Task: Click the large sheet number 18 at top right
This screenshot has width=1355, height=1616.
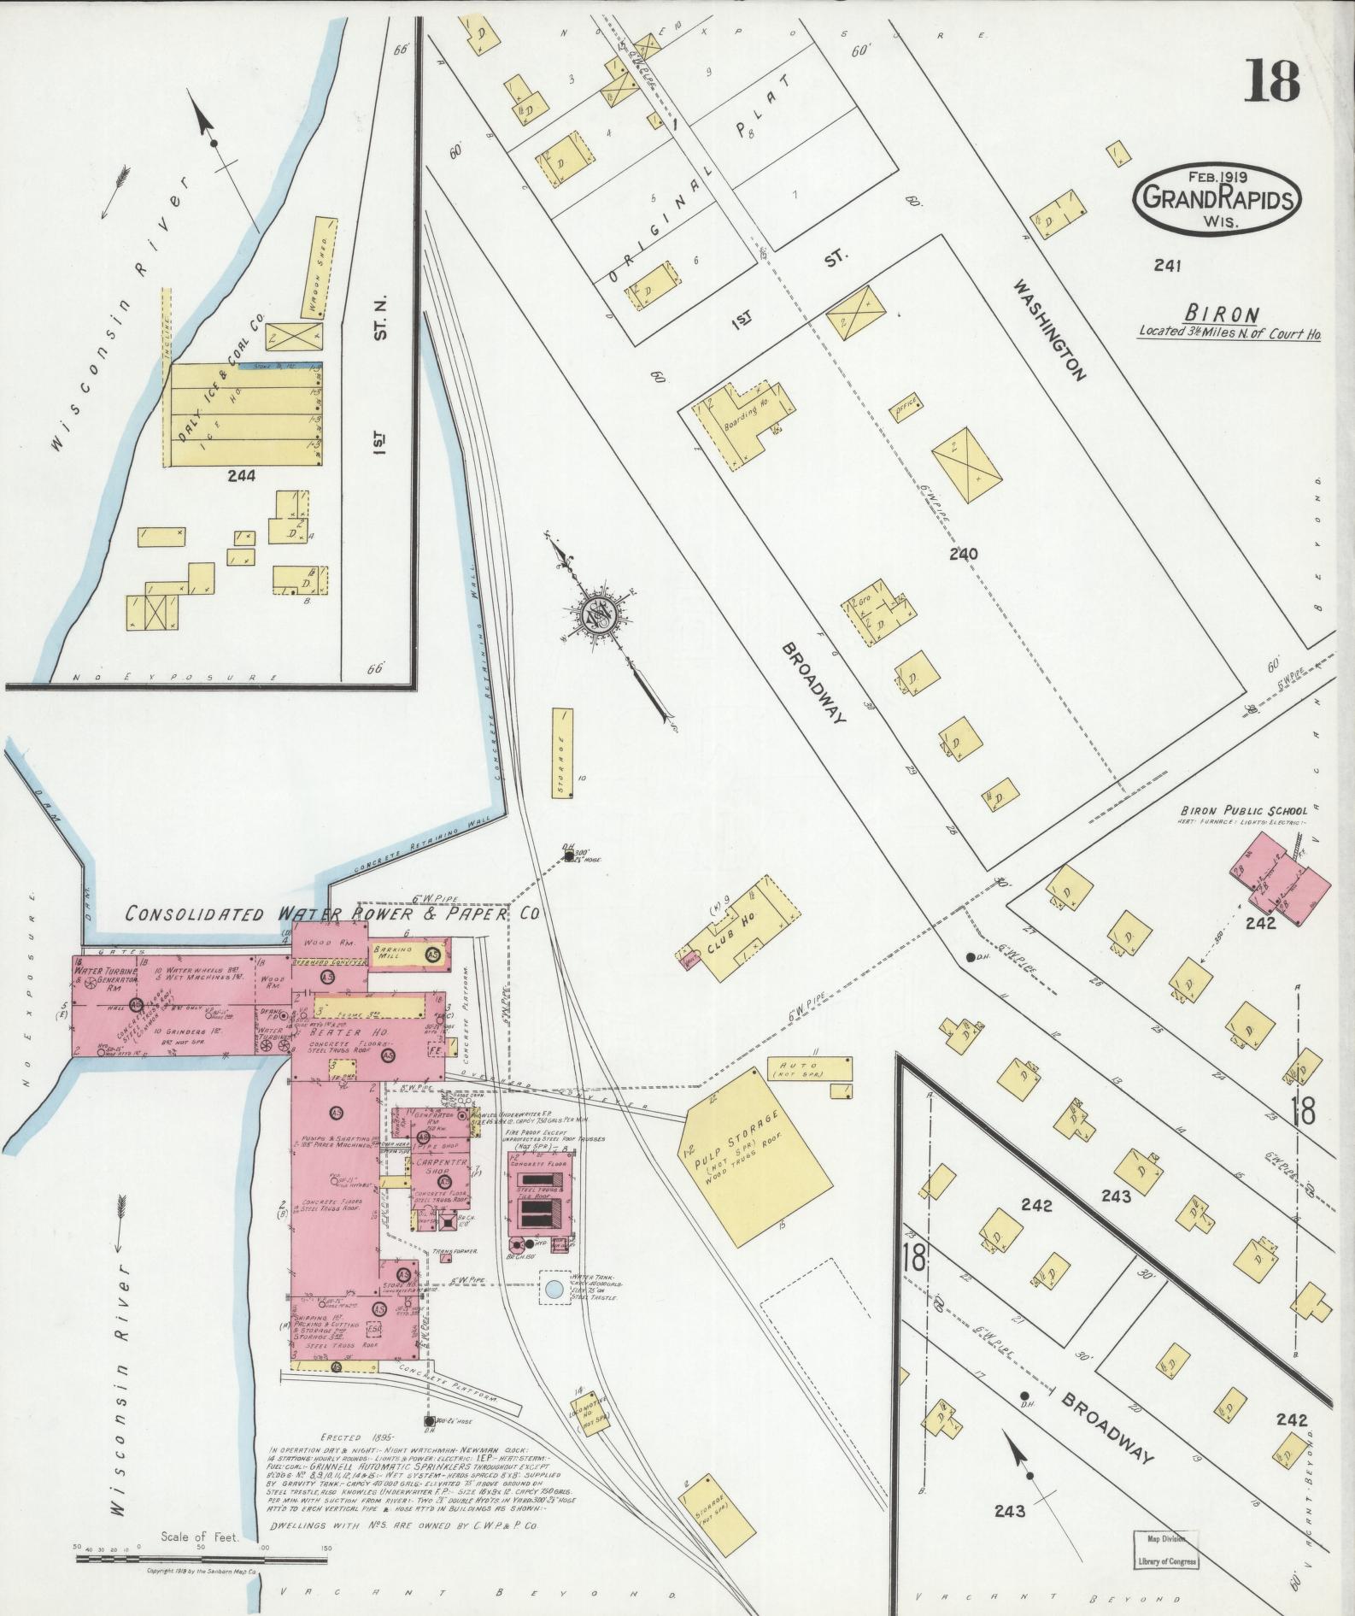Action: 1271,80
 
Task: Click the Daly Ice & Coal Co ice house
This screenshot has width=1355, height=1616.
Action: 243,414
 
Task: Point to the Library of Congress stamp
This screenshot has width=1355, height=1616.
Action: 1166,1549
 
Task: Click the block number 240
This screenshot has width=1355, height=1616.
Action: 962,554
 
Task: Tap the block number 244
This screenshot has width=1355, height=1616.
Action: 241,476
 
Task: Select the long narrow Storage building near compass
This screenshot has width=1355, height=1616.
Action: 562,753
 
